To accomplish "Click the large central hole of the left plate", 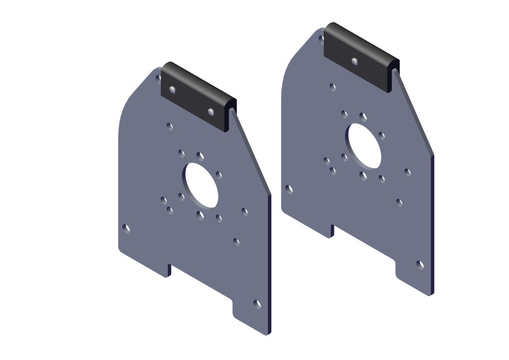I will coord(202,185).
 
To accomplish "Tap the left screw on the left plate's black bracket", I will coord(173,90).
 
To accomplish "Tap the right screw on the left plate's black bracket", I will coord(211,111).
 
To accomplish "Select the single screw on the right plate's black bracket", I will coord(354,61).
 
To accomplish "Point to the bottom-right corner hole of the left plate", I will coord(257,304).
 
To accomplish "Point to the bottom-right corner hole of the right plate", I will coord(420,265).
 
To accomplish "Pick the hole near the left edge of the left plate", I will coord(126,229).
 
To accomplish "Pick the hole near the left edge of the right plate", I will coord(289,189).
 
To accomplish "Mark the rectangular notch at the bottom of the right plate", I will coord(363,246).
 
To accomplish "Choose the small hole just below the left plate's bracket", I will coord(170,126).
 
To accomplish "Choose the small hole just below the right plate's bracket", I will coord(333,87).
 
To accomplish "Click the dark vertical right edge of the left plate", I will coord(269,265).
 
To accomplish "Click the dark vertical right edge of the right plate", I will coord(432,224).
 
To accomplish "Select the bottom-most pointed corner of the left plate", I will coord(267,334).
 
